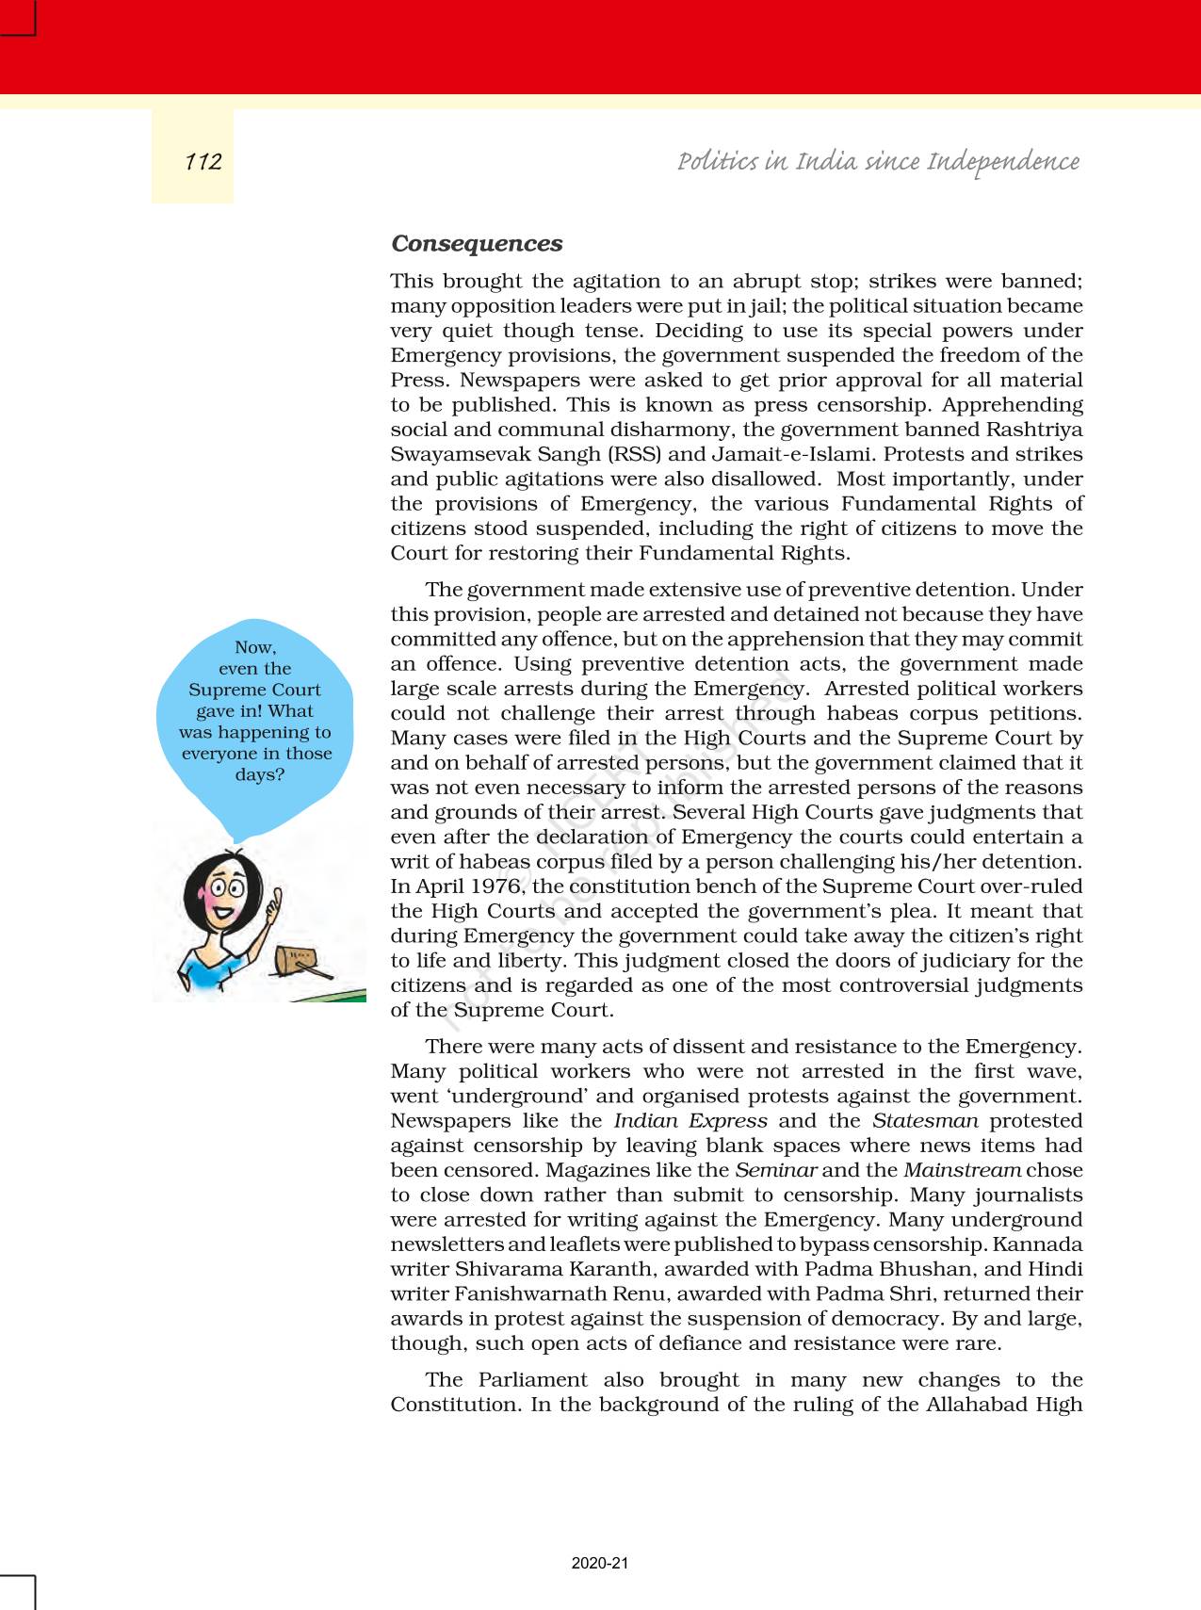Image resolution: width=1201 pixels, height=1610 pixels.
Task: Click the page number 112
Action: (x=203, y=162)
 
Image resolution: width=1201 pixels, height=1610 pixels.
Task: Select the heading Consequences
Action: (x=477, y=243)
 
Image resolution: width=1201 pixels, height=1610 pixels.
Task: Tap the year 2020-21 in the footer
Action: (x=599, y=1563)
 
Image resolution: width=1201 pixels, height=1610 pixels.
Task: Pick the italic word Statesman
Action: (x=925, y=1121)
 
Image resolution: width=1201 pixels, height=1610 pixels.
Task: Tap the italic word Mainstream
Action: (x=962, y=1170)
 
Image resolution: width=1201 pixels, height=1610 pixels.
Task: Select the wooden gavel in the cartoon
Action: (x=297, y=962)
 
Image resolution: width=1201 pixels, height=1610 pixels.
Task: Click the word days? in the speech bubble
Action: (x=259, y=774)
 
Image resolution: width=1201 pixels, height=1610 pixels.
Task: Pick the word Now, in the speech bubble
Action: (x=255, y=647)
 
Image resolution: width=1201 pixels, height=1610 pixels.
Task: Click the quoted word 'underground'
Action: (x=506, y=1097)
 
